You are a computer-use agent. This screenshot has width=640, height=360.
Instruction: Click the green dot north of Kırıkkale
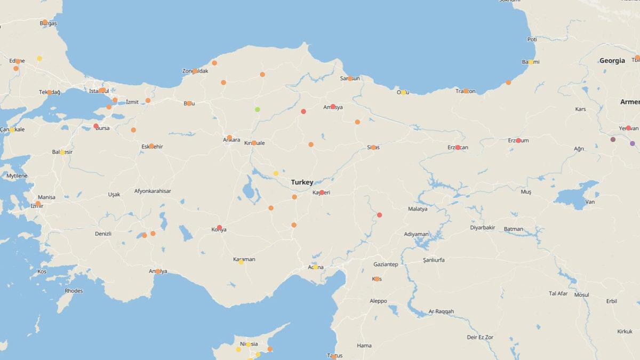point(258,109)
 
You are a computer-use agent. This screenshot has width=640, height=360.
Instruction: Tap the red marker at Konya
point(219,228)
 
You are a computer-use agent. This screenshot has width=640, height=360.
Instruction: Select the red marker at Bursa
point(96,126)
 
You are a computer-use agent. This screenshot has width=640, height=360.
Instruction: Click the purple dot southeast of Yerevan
point(633,143)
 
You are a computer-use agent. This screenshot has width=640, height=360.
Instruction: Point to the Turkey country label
point(302,182)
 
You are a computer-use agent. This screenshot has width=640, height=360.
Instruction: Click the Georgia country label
point(612,61)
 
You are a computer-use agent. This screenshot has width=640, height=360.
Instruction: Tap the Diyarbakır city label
point(483,227)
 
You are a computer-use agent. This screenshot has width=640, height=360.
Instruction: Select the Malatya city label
point(418,209)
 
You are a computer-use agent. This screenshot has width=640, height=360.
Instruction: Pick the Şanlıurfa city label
point(434,260)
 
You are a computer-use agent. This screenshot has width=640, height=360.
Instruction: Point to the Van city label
point(590,202)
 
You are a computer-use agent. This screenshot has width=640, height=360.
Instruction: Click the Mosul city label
point(581,295)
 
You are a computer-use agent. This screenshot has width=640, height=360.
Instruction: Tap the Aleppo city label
point(378,301)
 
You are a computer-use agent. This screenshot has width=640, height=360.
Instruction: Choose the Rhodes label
point(74,291)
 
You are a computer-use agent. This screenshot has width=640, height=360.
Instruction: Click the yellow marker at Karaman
point(241,262)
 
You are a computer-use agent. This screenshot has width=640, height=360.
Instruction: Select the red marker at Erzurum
point(518,140)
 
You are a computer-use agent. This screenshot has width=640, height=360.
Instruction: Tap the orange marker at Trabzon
point(466,91)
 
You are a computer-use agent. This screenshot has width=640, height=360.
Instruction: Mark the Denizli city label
point(103,234)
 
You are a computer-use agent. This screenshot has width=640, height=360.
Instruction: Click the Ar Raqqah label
point(441,311)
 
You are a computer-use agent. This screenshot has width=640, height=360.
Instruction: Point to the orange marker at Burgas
point(45,22)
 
